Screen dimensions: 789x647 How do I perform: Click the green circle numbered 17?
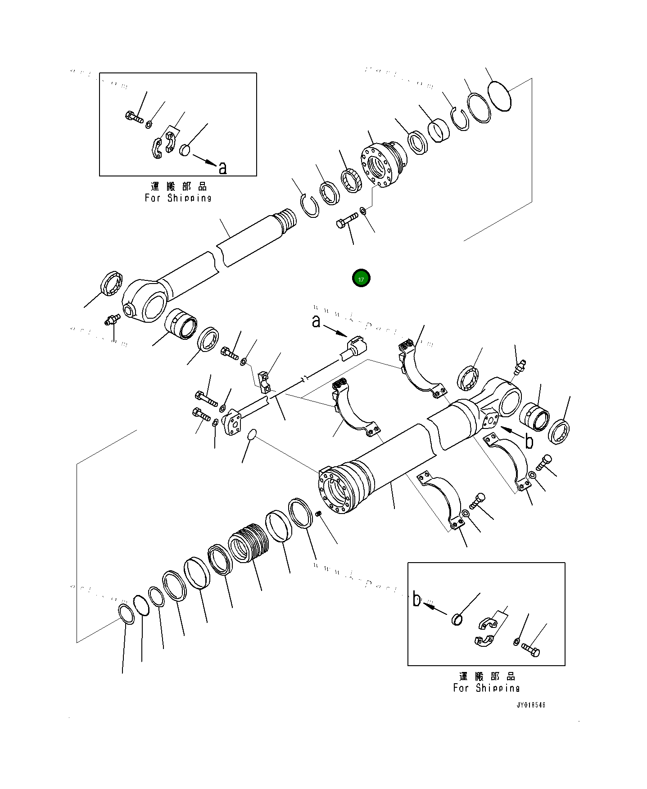tap(361, 279)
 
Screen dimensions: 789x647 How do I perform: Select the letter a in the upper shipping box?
tap(222, 168)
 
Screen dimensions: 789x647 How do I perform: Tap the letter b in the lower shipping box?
tap(417, 600)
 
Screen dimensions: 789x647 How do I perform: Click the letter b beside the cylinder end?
tap(529, 441)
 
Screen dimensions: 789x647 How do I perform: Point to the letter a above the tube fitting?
tap(317, 322)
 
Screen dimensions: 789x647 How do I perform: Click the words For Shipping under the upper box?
tap(178, 198)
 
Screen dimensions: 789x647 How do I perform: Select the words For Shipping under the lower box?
tap(486, 688)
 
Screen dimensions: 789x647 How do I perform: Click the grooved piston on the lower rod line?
tap(248, 543)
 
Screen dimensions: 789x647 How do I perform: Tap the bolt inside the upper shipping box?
tap(134, 117)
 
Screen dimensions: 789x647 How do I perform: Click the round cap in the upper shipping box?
tap(185, 149)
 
